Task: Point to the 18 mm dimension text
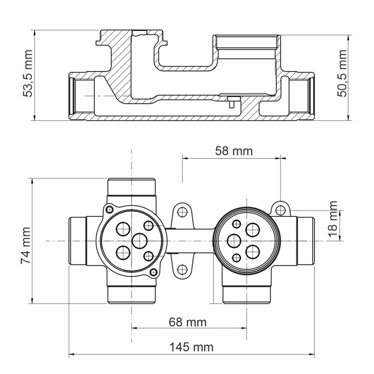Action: pos(333,220)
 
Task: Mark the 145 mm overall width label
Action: pos(191,347)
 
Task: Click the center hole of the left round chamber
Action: pos(140,240)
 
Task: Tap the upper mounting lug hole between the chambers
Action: pos(182,212)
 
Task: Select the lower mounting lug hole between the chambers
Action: pos(182,269)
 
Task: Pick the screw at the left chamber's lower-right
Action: pos(154,272)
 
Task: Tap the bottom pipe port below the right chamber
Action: pos(246,293)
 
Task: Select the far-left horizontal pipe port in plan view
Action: pos(78,241)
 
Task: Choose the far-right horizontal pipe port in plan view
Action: pos(306,241)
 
